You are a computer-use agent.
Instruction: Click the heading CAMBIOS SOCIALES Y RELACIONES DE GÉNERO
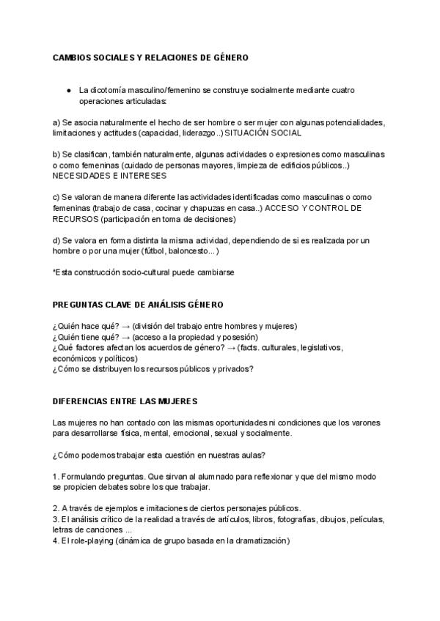click(151, 56)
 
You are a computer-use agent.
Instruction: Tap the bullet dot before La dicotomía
click(67, 90)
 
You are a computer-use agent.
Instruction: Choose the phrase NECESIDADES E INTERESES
click(109, 176)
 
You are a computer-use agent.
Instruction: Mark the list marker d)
click(57, 240)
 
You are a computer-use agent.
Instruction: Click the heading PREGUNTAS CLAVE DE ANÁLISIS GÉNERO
click(138, 305)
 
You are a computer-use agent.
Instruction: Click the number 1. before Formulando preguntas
click(56, 476)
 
